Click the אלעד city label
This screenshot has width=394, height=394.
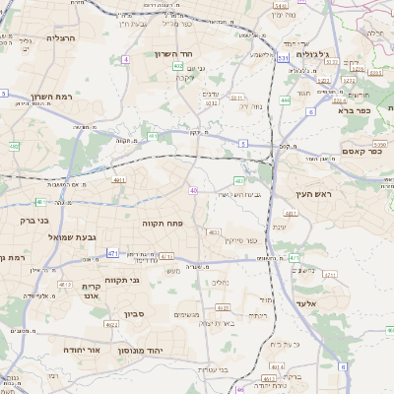[x=306, y=303]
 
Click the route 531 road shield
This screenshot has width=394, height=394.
[x=283, y=59]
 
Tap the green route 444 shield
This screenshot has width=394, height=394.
[x=285, y=100]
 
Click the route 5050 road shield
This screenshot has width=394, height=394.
[x=378, y=144]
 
